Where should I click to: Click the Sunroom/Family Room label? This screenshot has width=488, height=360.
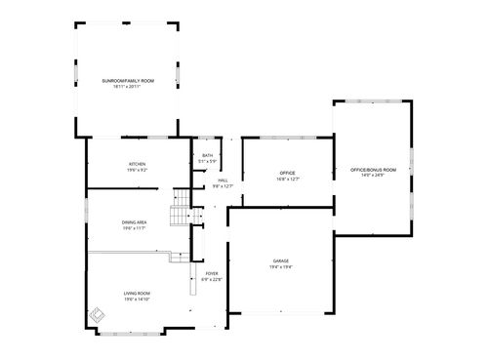point(128,80)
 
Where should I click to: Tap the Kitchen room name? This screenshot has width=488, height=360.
point(136,164)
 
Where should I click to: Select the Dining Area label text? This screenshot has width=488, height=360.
point(135,222)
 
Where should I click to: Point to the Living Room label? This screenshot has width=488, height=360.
point(136,294)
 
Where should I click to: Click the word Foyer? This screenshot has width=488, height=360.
point(212,274)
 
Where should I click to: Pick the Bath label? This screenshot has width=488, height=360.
point(207,156)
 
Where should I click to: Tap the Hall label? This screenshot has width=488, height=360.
point(223,180)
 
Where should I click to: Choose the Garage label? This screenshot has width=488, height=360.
point(281,260)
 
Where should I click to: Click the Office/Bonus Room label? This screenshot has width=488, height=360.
point(373,170)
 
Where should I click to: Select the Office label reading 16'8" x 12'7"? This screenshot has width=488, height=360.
point(288,174)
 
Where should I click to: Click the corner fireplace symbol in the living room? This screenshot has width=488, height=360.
point(97,316)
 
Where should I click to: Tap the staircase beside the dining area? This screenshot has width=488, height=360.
point(180,211)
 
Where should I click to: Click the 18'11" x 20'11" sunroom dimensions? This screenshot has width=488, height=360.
point(128,86)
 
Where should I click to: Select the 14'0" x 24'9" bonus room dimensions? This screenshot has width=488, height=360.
point(373,176)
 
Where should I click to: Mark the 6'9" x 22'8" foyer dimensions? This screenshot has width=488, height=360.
point(212,280)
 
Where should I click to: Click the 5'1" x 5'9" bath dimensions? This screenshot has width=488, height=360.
point(207,162)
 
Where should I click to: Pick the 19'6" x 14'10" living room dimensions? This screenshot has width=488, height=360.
point(136,300)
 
